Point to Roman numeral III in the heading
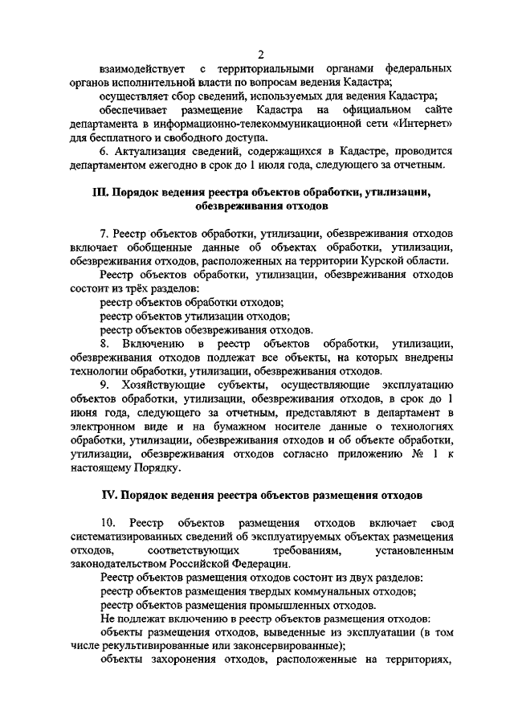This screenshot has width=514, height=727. (100, 193)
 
